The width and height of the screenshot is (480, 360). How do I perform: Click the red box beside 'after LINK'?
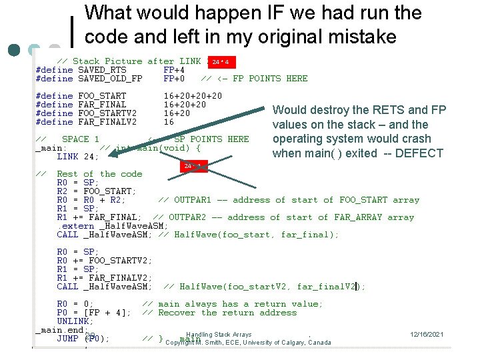click(x=221, y=63)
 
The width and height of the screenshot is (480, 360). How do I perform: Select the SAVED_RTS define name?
click(x=102, y=70)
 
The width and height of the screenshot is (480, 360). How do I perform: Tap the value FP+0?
click(x=174, y=79)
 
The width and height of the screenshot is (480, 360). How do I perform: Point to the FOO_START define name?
click(x=102, y=96)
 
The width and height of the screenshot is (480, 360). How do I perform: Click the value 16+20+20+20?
click(x=193, y=96)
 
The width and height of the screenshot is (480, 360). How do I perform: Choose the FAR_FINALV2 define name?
click(x=107, y=122)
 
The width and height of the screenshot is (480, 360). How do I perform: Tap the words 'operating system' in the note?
click(x=313, y=139)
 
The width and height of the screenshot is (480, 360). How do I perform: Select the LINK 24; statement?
click(x=77, y=157)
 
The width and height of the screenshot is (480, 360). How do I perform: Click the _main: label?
click(x=51, y=148)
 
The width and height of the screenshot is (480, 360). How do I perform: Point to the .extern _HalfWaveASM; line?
click(x=112, y=226)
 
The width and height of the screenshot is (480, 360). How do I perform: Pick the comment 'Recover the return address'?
click(x=219, y=313)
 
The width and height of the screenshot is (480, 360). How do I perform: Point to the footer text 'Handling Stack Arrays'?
click(x=219, y=334)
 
